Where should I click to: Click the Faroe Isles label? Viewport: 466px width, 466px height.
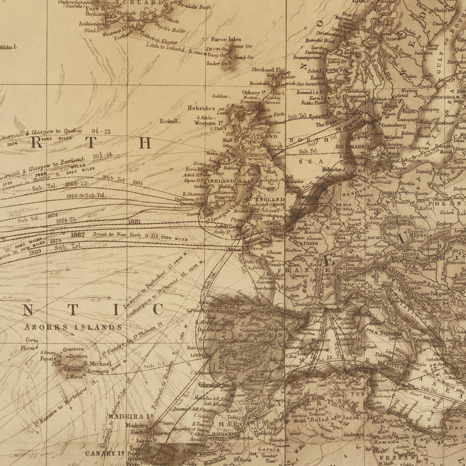coord(226,39)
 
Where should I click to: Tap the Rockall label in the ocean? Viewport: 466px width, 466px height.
coord(170,121)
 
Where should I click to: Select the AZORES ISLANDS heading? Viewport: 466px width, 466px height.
coord(72,327)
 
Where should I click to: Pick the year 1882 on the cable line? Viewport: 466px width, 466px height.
coord(78,235)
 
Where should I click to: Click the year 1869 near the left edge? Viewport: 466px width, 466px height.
coord(35,252)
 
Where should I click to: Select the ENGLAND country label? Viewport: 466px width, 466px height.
coord(270,199)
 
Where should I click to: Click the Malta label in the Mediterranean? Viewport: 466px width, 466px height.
coord(409,385)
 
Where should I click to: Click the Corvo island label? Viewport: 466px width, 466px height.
coord(32,340)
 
